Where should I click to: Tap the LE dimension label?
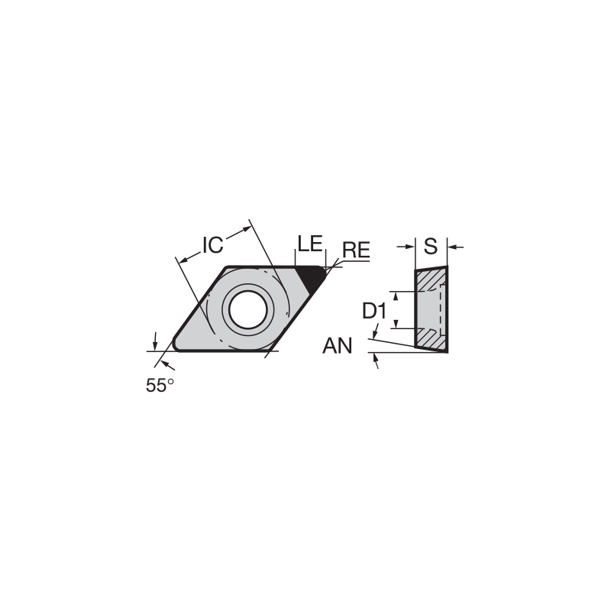[x=309, y=244]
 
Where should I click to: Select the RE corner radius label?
[x=356, y=250]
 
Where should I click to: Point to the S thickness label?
[x=431, y=246]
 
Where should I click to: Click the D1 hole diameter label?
[x=373, y=311]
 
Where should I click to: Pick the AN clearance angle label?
[x=337, y=347]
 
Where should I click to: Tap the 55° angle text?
[x=160, y=386]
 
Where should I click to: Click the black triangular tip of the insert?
[x=312, y=276]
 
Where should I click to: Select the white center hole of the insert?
[x=247, y=309]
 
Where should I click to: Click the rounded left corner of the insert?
[x=178, y=344]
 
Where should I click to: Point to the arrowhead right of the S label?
[x=453, y=247]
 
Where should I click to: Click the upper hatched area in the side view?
[x=429, y=281]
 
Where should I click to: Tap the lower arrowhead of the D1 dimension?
[x=396, y=323]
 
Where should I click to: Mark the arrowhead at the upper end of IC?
[x=246, y=227]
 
